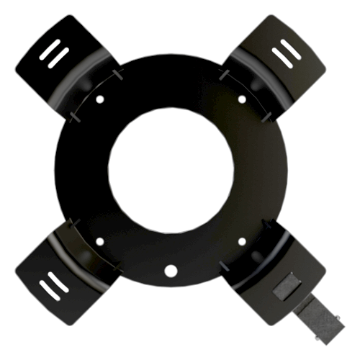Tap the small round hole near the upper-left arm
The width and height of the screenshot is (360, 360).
(x=101, y=99)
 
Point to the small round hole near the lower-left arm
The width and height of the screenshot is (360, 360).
(x=101, y=240)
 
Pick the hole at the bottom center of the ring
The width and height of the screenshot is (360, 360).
(x=171, y=271)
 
